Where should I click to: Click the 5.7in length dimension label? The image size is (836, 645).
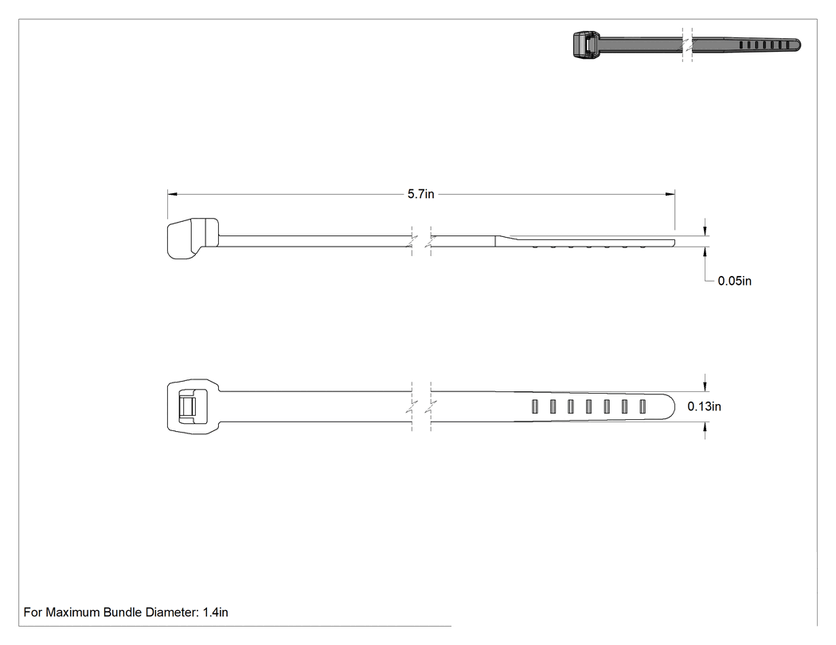[420, 194]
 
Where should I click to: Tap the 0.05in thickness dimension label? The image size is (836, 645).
[734, 281]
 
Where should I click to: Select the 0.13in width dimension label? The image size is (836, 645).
[704, 406]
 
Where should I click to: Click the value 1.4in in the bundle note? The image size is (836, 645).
[216, 612]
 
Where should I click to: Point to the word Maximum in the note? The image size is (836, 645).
[72, 612]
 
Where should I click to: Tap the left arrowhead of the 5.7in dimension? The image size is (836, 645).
[172, 194]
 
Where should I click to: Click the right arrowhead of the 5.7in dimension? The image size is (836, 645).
[670, 194]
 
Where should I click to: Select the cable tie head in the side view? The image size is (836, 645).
[193, 238]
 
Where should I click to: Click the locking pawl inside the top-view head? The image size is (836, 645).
[186, 406]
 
